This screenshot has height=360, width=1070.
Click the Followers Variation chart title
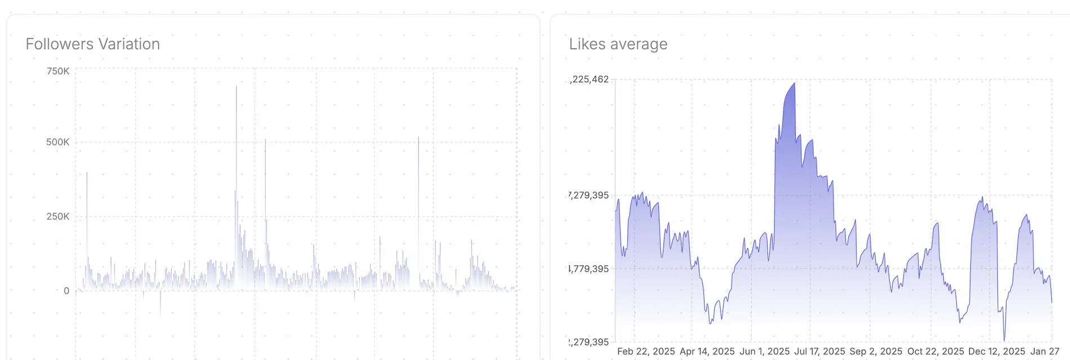point(93,44)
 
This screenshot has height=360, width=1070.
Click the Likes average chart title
point(618,44)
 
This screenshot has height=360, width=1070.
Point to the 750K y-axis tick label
point(58,71)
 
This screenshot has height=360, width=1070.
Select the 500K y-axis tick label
point(58,142)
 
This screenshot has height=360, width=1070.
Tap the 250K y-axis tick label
point(58,216)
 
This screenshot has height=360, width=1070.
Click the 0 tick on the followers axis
point(66,291)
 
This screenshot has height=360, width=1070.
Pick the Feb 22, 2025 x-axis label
point(646,352)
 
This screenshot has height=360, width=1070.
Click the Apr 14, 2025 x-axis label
point(707,352)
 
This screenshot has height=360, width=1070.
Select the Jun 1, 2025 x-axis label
point(764,352)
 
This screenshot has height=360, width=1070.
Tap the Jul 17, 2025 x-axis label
point(819,352)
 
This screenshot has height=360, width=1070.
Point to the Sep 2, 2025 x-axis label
point(876,352)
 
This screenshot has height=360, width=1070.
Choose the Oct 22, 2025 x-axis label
point(935,352)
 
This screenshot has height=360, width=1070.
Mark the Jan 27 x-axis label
point(1045,352)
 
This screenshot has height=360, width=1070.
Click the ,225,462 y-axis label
point(590,79)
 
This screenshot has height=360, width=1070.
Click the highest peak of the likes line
point(794,84)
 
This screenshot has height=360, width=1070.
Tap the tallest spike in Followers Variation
point(237,87)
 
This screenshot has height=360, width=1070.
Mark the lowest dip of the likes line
point(1004,339)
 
